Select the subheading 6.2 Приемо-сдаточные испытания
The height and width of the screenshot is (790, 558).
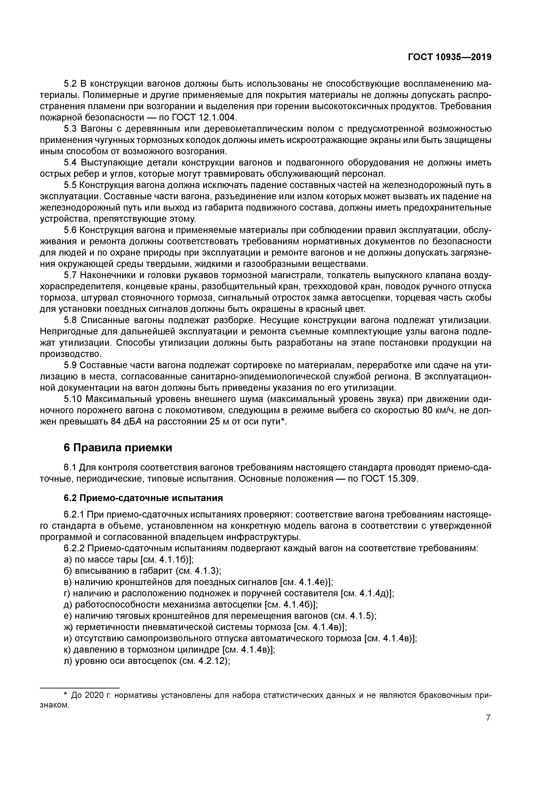[x=143, y=498]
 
